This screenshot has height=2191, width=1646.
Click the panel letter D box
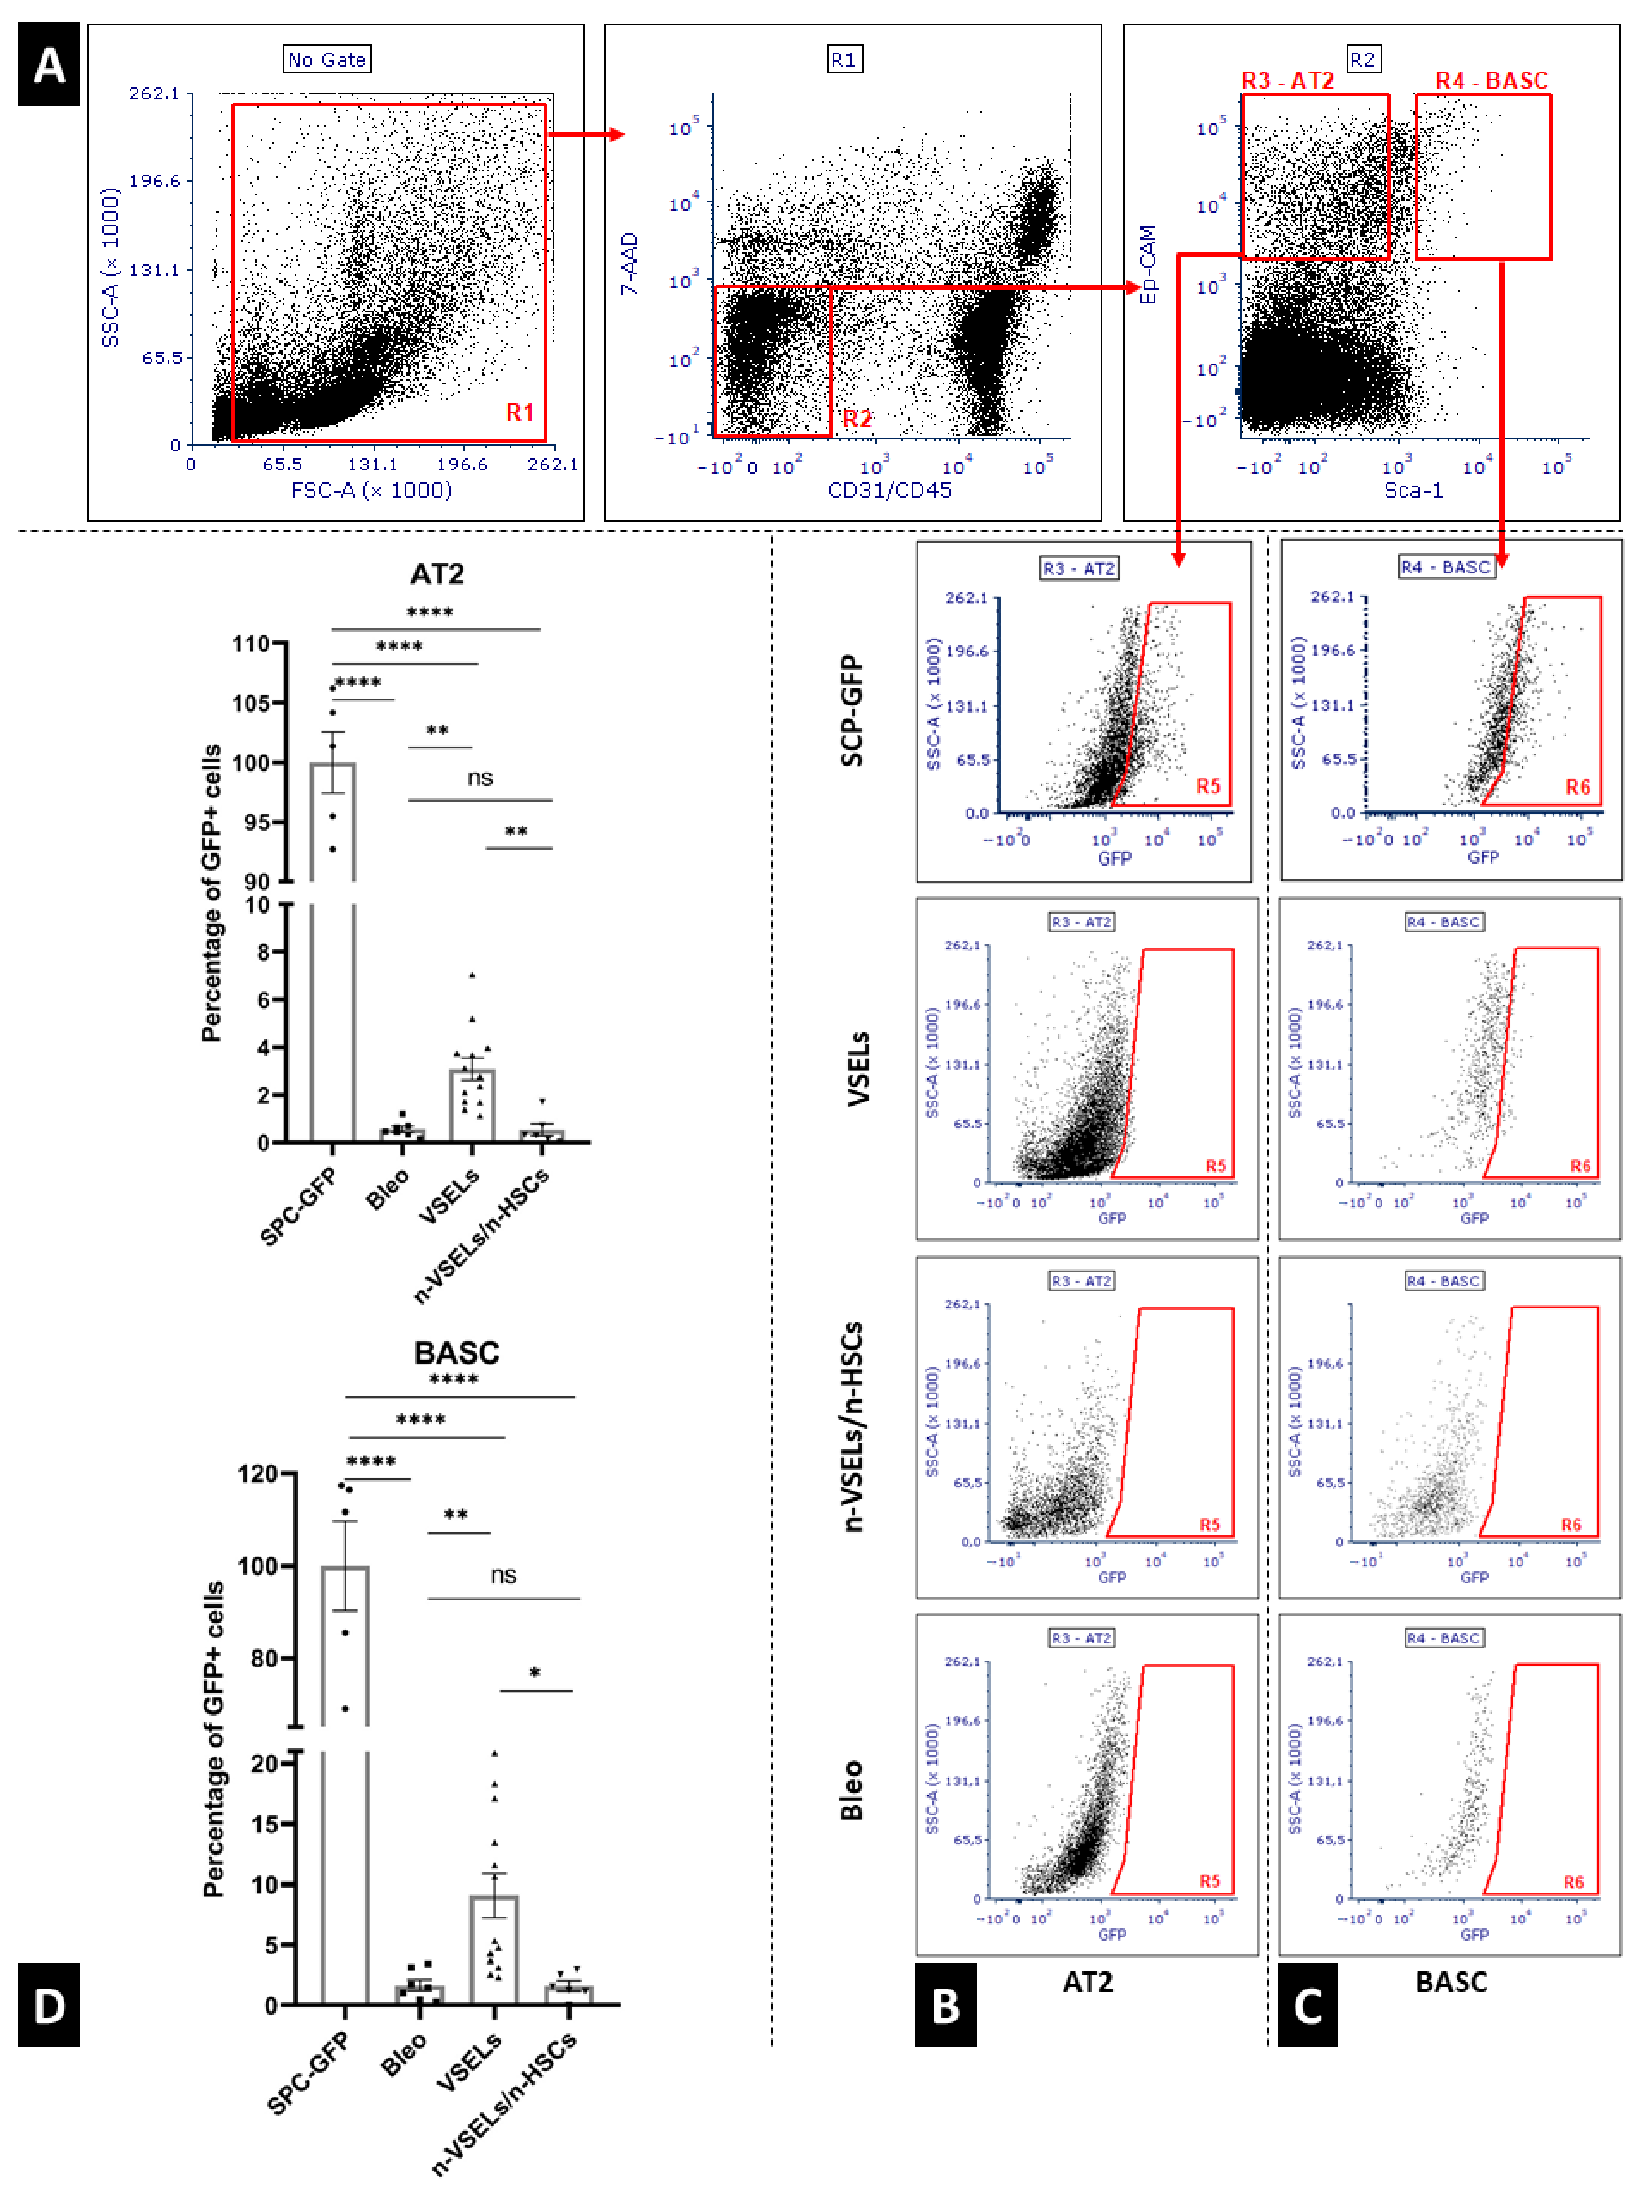point(48,2006)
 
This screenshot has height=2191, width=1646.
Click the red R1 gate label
point(520,412)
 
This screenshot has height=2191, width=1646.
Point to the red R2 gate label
point(857,419)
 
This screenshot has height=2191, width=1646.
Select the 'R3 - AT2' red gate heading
point(1287,80)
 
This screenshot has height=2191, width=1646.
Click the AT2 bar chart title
point(437,574)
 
